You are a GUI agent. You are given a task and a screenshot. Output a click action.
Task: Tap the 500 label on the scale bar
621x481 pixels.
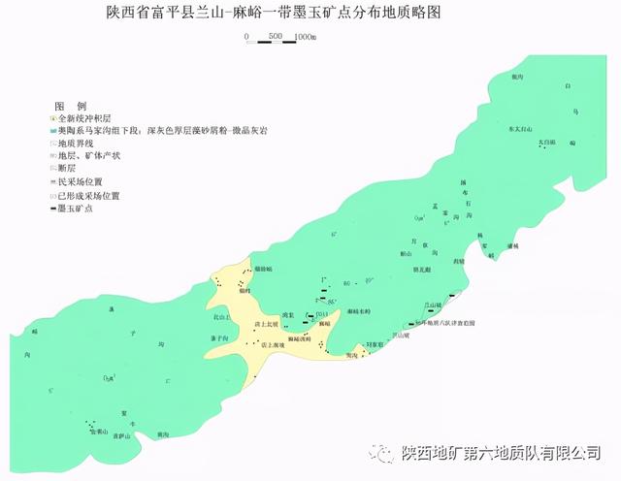[275, 37]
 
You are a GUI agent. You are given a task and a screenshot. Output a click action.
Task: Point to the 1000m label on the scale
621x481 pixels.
[303, 37]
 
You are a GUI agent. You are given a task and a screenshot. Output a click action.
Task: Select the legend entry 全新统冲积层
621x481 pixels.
[82, 116]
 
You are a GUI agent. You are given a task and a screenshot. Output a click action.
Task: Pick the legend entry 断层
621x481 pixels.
[68, 168]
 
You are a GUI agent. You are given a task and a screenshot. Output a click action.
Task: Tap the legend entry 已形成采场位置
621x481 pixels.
[87, 195]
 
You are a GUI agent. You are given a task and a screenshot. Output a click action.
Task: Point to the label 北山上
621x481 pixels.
[223, 317]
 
